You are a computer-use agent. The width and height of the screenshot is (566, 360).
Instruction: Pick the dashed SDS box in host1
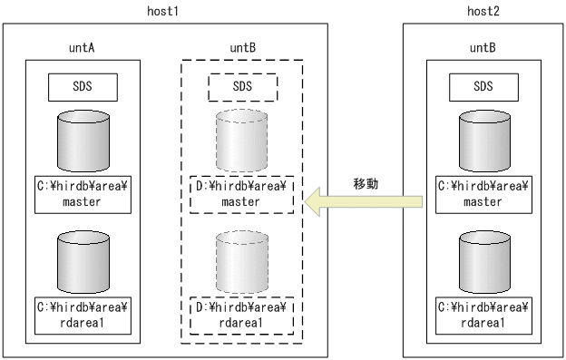242,87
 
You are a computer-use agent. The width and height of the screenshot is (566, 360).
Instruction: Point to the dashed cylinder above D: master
242,144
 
